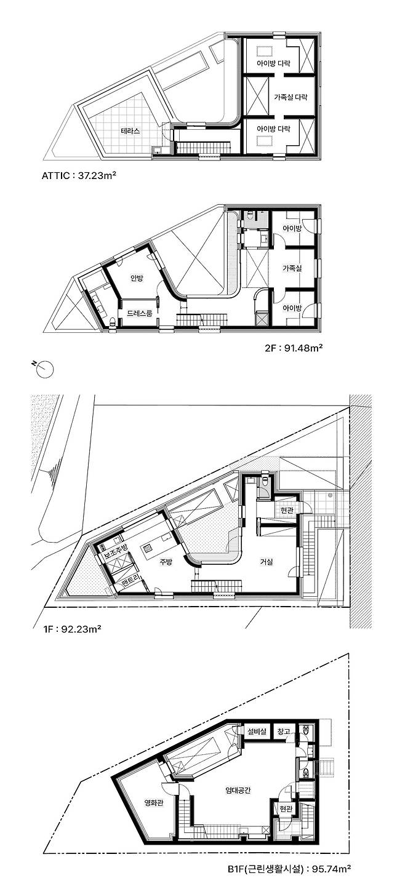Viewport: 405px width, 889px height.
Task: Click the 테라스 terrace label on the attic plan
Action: pos(130,130)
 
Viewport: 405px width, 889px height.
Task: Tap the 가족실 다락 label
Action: pos(291,97)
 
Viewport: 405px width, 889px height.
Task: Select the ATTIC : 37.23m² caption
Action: pos(79,175)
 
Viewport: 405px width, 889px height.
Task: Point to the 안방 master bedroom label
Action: pos(137,278)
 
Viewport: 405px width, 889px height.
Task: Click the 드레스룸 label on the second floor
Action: pos(139,314)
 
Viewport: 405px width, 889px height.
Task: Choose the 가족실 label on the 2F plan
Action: pos(292,268)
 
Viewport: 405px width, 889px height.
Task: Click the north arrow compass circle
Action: pos(46,369)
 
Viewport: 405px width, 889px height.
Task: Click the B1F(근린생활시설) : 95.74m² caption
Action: pos(289,879)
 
